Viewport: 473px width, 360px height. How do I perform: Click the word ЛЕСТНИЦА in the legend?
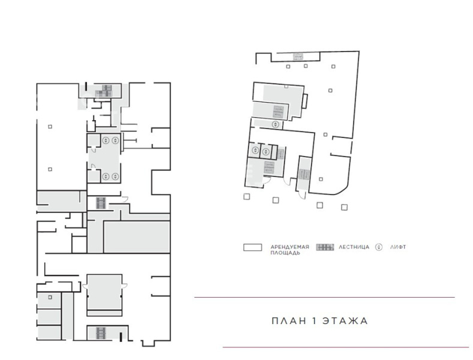(354, 247)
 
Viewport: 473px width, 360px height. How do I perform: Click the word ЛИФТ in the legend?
(398, 247)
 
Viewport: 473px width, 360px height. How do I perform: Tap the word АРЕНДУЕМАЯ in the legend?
(290, 247)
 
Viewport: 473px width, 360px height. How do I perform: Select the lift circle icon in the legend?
(379, 247)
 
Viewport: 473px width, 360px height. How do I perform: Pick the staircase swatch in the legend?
(325, 247)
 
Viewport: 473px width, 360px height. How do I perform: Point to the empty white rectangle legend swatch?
(253, 247)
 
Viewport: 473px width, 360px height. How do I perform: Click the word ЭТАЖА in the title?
(345, 320)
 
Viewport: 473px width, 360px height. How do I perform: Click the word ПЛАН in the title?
(289, 320)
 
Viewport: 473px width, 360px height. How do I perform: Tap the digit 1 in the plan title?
(315, 320)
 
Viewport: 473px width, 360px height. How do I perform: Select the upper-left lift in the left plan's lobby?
(106, 140)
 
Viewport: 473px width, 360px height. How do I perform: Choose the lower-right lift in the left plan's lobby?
(115, 176)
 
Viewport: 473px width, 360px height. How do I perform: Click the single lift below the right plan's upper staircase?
(276, 124)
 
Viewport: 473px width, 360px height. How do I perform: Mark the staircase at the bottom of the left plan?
(100, 333)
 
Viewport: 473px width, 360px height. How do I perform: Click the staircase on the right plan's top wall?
(298, 56)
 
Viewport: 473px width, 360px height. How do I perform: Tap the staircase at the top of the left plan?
(104, 91)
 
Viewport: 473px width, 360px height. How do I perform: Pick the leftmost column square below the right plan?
(247, 197)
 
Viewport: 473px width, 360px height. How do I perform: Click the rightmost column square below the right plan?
(344, 207)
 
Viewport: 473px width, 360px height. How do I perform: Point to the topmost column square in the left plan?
(50, 127)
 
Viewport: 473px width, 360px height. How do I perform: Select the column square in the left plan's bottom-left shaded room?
(50, 297)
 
